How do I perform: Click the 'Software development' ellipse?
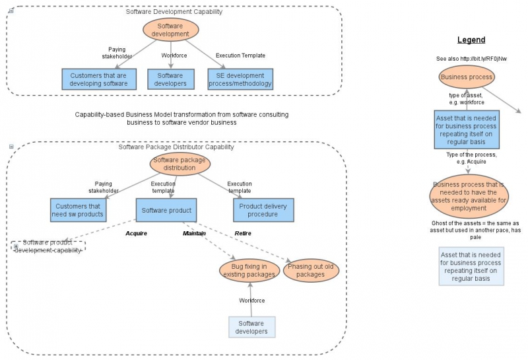tap(170, 30)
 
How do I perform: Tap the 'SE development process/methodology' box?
tap(240, 79)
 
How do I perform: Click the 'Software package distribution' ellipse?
tap(180, 164)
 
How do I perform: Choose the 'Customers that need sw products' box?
tap(78, 210)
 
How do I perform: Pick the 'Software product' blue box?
tap(166, 210)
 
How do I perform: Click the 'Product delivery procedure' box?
tap(263, 210)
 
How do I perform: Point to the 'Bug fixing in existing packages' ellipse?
tap(249, 270)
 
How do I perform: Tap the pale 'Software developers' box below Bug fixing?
tap(251, 327)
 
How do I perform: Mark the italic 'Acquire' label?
tap(136, 233)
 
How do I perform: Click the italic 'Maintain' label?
tap(194, 233)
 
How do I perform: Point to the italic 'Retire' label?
tap(243, 233)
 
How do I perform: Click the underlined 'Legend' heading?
tap(471, 40)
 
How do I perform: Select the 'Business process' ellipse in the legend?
tap(467, 77)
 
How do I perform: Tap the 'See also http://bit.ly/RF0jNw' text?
tap(471, 59)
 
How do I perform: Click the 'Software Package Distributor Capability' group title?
tap(176, 147)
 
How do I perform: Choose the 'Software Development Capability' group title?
tap(174, 12)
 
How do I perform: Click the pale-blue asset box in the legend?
tap(471, 266)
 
